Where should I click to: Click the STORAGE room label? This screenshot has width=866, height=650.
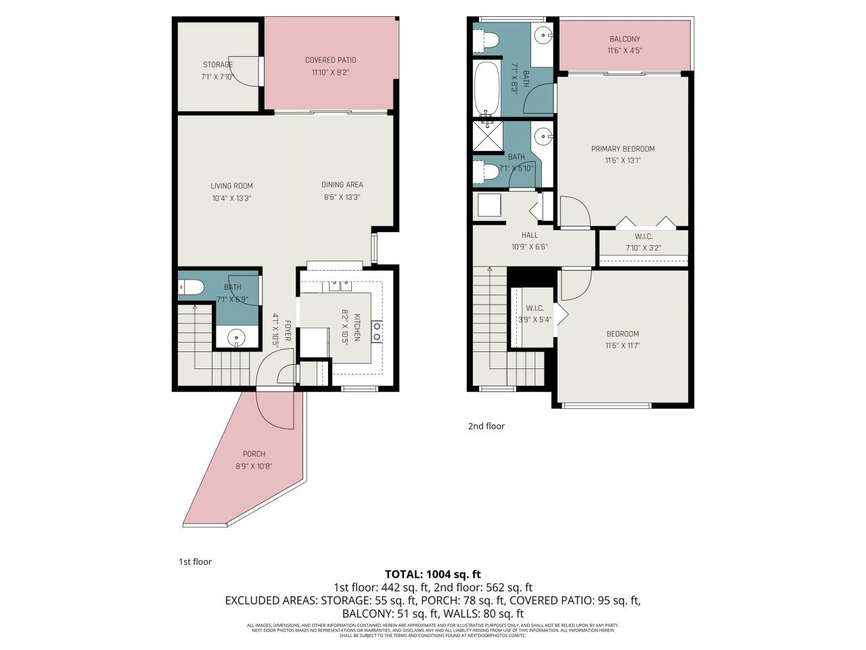click(217, 65)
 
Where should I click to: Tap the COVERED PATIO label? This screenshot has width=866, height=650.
click(330, 60)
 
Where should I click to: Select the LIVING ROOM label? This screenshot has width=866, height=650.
click(231, 186)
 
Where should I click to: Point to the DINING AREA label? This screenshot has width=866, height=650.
click(342, 184)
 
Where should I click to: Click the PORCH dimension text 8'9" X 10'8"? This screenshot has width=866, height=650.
click(254, 466)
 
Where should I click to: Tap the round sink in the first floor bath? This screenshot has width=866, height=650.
click(236, 336)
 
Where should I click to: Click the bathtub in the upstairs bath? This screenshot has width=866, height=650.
click(484, 88)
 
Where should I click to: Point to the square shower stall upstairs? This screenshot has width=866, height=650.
click(486, 139)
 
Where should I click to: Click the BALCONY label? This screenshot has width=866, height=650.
click(624, 39)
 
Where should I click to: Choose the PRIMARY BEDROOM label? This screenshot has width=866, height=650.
click(622, 149)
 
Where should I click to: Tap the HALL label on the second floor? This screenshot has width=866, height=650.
click(530, 236)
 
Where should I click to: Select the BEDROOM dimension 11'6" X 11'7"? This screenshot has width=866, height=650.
click(622, 345)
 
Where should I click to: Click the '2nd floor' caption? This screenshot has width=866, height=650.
click(486, 427)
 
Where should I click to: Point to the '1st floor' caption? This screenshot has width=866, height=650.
click(195, 562)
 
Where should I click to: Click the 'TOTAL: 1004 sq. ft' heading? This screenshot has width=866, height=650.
click(432, 574)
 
